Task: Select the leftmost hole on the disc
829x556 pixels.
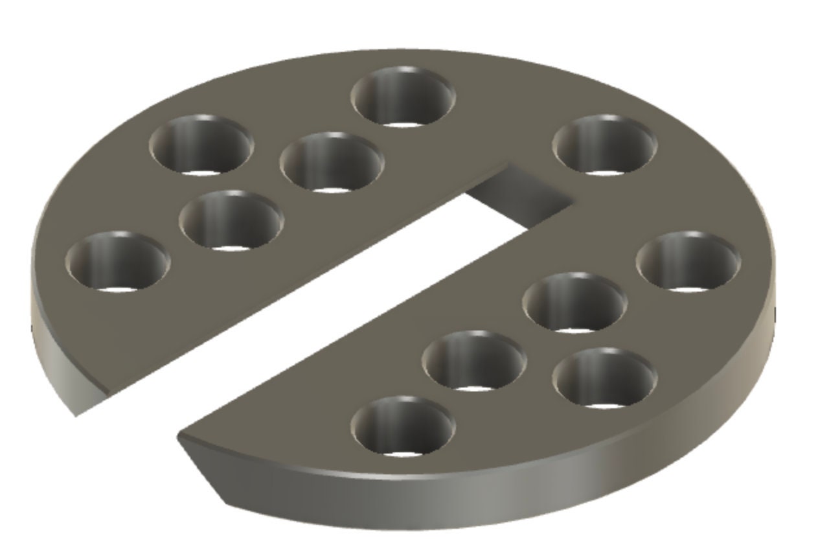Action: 118,262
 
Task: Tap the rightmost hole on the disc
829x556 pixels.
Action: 688,261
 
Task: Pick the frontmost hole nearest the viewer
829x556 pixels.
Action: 403,426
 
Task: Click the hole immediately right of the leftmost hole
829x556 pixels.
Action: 231,220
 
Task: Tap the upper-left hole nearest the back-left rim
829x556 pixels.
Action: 201,145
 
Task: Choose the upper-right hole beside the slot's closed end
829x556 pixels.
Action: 604,145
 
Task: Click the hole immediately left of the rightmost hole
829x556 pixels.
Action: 574,303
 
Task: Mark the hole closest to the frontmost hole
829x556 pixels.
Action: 474,360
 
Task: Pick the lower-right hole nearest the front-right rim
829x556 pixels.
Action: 604,378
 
